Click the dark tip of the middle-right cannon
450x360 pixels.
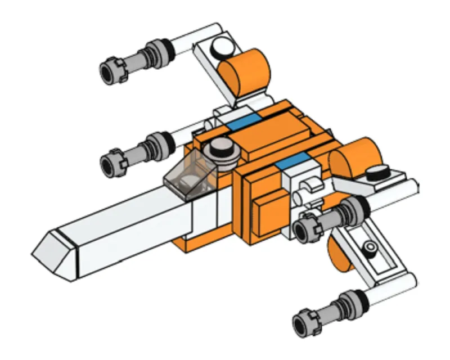pos(304,228)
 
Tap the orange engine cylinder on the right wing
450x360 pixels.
pos(357,157)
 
